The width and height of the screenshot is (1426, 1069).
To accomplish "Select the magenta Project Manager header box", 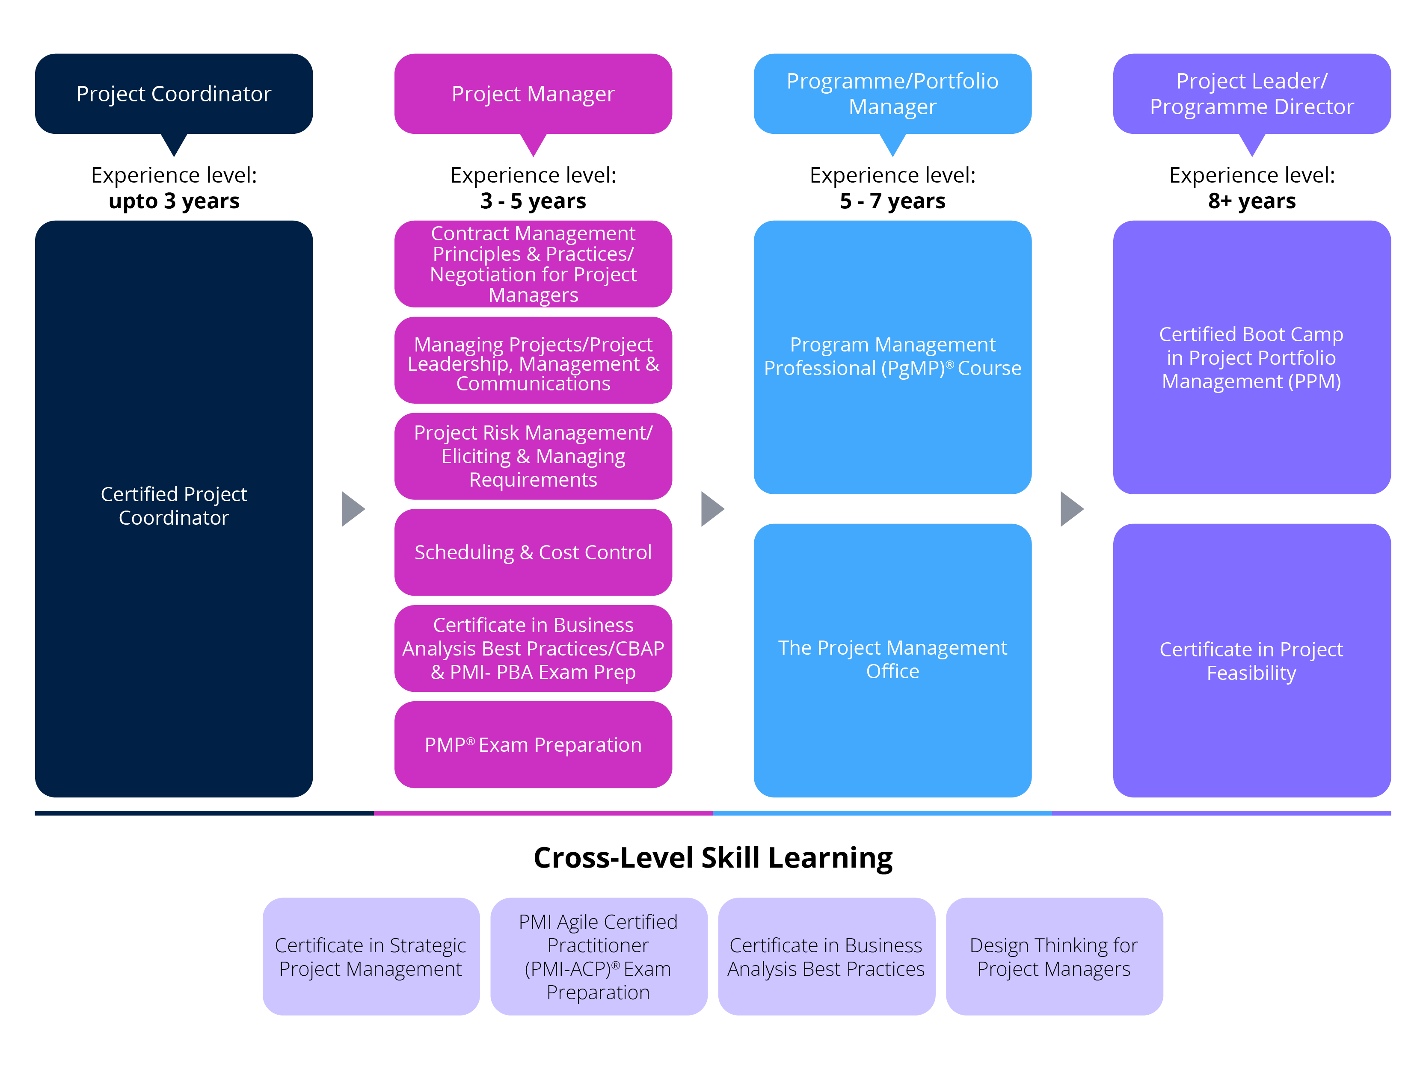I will [533, 94].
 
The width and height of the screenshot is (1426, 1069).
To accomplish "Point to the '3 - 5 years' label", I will [533, 201].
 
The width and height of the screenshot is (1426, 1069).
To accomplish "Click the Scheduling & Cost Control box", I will [533, 552].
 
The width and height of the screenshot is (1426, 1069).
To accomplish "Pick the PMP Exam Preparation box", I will [533, 744].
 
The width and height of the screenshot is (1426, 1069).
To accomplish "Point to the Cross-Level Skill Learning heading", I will [712, 858].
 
